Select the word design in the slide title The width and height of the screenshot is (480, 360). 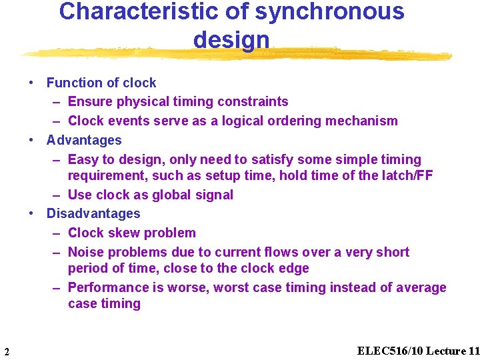point(231,40)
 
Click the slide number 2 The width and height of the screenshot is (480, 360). point(6,351)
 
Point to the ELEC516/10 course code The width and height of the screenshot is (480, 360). point(389,351)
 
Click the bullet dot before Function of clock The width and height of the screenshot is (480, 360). point(31,83)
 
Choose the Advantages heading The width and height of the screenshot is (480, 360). point(84,140)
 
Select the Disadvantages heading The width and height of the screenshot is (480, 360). point(93,213)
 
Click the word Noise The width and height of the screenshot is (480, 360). point(86,252)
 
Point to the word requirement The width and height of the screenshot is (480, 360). point(107,175)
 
